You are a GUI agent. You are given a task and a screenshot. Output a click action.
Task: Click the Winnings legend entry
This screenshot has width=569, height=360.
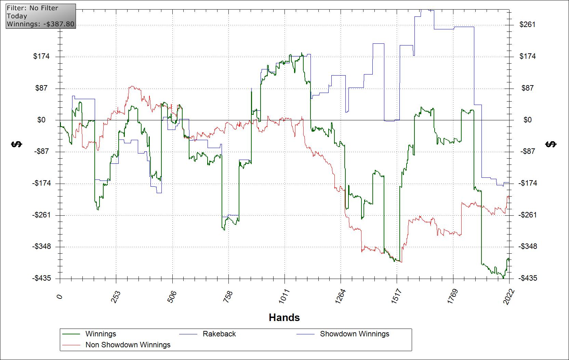point(101,334)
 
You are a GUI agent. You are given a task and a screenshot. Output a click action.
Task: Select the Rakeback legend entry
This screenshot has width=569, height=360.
point(219,334)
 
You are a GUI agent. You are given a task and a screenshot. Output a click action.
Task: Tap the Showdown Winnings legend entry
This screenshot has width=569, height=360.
point(354,334)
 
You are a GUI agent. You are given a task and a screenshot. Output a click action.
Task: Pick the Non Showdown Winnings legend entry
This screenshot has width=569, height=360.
point(128,345)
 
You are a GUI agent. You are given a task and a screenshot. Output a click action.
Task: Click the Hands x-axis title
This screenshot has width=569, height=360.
point(284,318)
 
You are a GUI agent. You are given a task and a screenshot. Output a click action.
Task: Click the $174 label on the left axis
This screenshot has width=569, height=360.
point(41,56)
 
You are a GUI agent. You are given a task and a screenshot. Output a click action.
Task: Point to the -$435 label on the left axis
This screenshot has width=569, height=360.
point(42,278)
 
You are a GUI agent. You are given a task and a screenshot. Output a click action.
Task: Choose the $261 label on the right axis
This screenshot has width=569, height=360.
point(527,25)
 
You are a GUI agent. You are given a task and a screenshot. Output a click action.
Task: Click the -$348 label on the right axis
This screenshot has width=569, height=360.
point(527,246)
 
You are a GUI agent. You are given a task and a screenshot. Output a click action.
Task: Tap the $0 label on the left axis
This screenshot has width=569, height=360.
point(41,120)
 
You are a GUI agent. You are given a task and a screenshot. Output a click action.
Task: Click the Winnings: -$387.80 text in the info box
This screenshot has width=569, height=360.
point(40,24)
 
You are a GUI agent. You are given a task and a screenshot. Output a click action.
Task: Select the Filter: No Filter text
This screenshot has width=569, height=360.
point(32,8)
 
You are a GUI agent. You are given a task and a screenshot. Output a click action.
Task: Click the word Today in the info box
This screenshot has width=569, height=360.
point(17,16)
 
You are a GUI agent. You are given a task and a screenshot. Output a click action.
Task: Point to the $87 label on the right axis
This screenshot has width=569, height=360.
point(527,88)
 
